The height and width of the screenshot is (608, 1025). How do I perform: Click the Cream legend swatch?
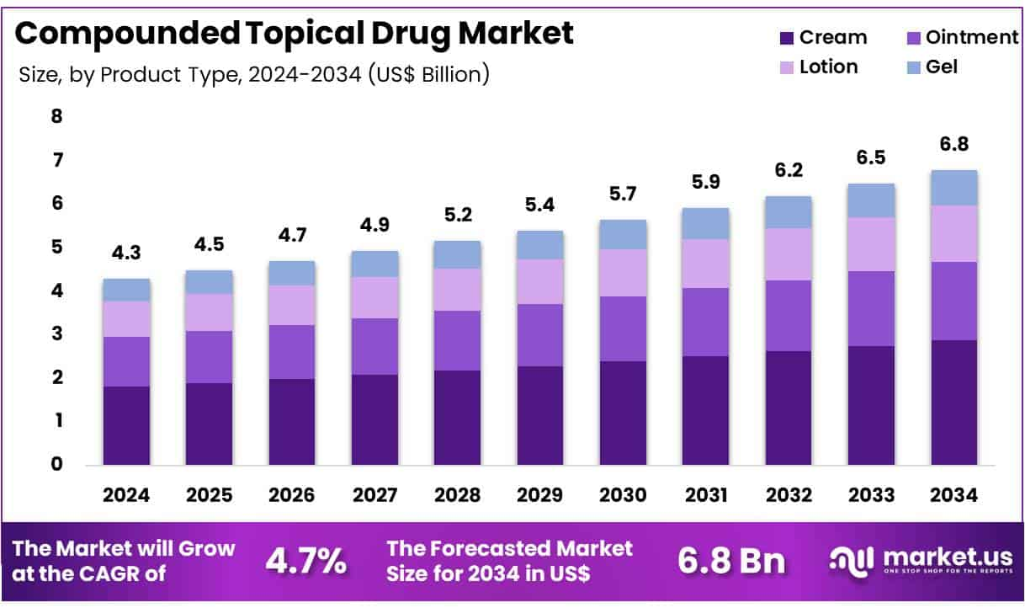[x=787, y=38]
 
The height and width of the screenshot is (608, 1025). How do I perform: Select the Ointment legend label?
[x=972, y=37]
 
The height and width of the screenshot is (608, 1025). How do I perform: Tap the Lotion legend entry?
[x=828, y=67]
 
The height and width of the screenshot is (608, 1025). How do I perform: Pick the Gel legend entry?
[x=942, y=67]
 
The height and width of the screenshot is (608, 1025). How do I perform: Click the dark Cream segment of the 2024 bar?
[x=126, y=425]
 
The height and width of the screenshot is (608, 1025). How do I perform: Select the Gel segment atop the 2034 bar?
[x=954, y=188]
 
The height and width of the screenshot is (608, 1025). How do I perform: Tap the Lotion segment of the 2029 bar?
[x=539, y=281]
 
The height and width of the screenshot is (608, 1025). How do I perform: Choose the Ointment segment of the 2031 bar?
[x=705, y=322]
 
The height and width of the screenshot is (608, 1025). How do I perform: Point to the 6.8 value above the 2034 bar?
[x=954, y=144]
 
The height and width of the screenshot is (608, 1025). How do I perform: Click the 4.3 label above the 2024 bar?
[x=126, y=253]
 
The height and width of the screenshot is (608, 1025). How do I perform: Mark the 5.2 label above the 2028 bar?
[x=457, y=215]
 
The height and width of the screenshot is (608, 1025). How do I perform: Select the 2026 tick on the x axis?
[x=292, y=495]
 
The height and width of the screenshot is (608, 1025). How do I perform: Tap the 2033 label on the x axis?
[x=871, y=495]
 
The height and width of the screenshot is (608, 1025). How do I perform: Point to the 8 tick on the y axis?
[x=56, y=116]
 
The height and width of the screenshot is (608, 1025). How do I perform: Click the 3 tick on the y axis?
[x=56, y=334]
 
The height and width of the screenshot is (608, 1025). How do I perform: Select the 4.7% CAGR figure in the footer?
[x=305, y=561]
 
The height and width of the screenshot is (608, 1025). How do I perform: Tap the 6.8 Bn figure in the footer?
[x=731, y=561]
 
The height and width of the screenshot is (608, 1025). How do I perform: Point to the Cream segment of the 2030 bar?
[x=623, y=413]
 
